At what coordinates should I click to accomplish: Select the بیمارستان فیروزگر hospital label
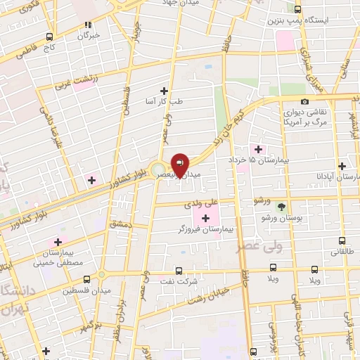tap(205, 230)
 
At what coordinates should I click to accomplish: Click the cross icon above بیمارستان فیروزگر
tap(205, 219)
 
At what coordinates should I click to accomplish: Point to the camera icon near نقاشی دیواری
tap(304, 102)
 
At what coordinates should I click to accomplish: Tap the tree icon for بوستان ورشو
tap(281, 206)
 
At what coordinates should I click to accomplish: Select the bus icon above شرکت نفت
tap(179, 270)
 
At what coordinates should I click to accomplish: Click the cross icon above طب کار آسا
tap(165, 91)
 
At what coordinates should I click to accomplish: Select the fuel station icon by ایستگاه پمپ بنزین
tap(297, 9)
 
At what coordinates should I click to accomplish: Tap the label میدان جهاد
tap(200, 3)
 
